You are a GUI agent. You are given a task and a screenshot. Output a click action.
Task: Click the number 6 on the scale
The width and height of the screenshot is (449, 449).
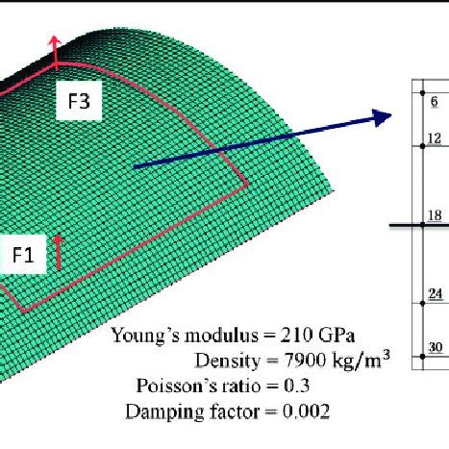click(x=434, y=101)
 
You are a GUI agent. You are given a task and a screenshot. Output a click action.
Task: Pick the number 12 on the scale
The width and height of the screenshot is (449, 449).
click(x=434, y=138)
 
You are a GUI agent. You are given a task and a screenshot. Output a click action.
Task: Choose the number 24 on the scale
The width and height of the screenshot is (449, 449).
click(x=435, y=295)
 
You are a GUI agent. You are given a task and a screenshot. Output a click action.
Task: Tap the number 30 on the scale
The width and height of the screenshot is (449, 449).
click(x=435, y=347)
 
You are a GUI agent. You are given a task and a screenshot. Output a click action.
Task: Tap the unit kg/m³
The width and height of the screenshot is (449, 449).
click(x=358, y=361)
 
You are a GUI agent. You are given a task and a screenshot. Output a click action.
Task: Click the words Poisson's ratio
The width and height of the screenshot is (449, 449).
click(x=194, y=387)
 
